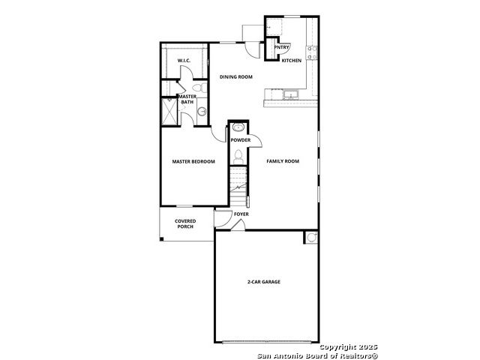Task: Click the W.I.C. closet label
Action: point(184,61)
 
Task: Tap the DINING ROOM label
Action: point(236,76)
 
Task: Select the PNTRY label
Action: point(281,47)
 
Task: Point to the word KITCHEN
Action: point(292,61)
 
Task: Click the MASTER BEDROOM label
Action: point(193,162)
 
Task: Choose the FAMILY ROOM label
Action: point(283,161)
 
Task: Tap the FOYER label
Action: point(241,214)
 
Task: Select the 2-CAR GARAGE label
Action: point(264,282)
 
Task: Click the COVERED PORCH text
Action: point(185,223)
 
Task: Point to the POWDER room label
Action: point(241,140)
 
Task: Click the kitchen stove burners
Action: point(312,52)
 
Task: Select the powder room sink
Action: point(238,127)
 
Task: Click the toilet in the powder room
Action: point(238,157)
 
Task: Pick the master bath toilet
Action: point(200,87)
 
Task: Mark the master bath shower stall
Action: point(169,112)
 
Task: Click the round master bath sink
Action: point(202,112)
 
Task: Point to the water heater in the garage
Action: point(312,238)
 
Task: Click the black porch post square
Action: point(162,239)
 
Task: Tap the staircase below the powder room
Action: point(238,186)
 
